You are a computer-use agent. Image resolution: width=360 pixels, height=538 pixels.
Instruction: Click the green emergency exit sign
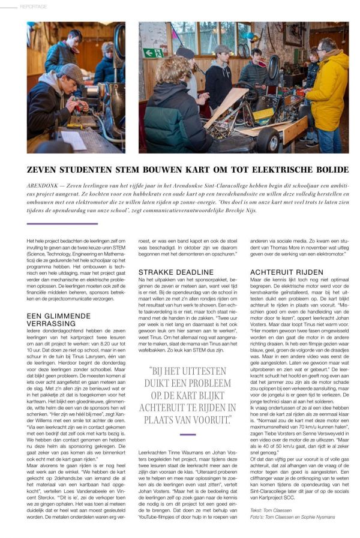click(152, 53)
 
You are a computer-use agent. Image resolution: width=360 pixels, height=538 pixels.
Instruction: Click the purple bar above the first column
click(62, 224)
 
